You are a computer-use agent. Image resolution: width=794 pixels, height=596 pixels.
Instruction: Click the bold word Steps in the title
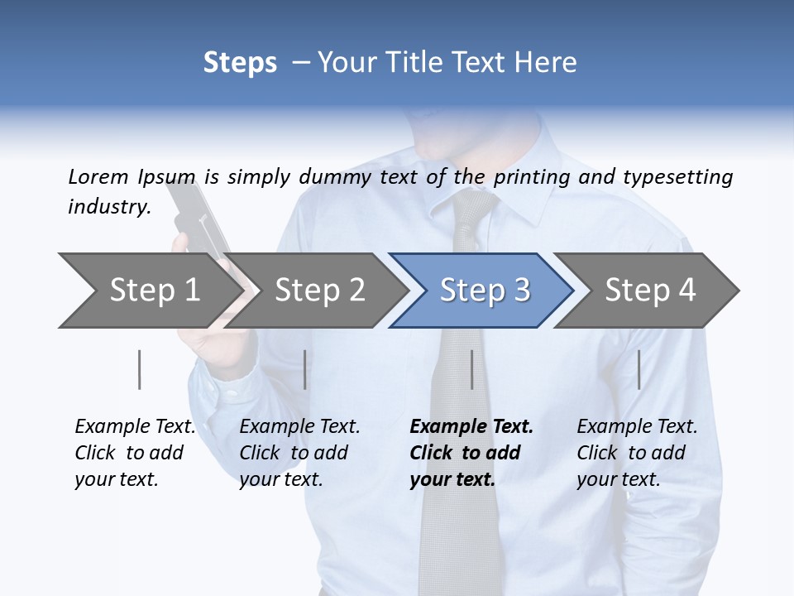pos(240,63)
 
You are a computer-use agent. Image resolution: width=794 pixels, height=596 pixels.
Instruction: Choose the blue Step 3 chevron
pos(485,291)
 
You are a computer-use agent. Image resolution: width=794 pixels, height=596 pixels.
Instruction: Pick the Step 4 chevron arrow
pos(650,291)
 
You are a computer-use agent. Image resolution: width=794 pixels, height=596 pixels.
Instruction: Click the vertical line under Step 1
pos(140,369)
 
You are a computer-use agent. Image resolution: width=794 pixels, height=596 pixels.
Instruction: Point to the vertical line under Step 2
pos(305,369)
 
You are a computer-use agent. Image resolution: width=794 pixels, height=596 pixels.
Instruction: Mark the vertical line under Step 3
pos(471,369)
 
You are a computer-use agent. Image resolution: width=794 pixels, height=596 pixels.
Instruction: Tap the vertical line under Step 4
pos(639,369)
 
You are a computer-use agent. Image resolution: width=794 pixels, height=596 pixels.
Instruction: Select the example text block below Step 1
pos(135,453)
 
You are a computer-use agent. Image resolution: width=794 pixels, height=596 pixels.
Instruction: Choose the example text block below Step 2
pos(299,453)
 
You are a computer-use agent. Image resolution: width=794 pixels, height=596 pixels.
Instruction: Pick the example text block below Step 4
pos(637,453)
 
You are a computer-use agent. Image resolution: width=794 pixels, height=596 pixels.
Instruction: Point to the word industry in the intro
pos(108,206)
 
